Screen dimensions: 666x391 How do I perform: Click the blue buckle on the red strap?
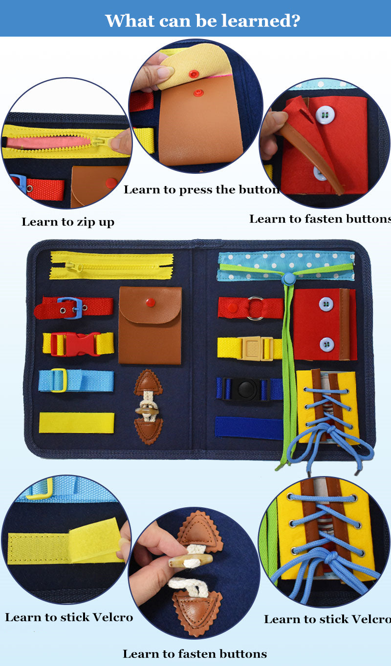point(70,308)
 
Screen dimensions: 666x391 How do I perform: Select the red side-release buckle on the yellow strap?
point(75,344)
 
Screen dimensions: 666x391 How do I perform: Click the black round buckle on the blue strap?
point(244,389)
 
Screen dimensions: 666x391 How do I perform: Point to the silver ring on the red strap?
point(255,308)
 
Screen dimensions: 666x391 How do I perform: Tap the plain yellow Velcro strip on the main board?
point(76,422)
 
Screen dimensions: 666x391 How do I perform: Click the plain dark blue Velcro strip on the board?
point(249,427)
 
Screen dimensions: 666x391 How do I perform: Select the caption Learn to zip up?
point(68,222)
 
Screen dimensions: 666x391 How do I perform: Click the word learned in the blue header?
point(261,21)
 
